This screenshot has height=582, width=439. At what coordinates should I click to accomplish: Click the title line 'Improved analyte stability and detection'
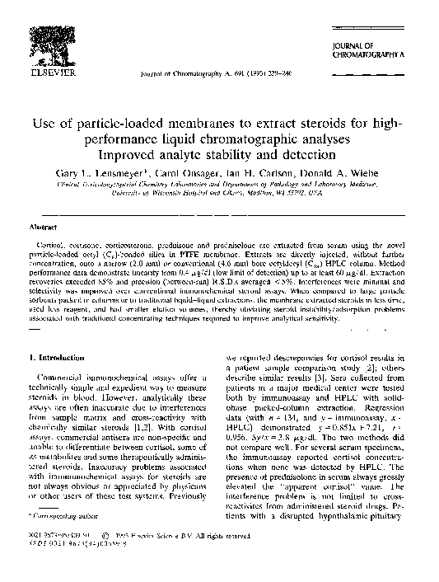click(218, 155)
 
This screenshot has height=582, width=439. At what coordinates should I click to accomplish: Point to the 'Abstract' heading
click(44, 225)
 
